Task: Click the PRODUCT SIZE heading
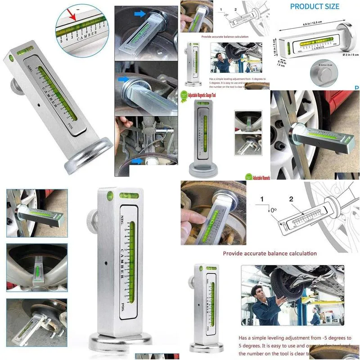pyautogui.click(x=315, y=6)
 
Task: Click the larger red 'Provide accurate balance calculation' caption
pyautogui.click(x=270, y=253)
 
